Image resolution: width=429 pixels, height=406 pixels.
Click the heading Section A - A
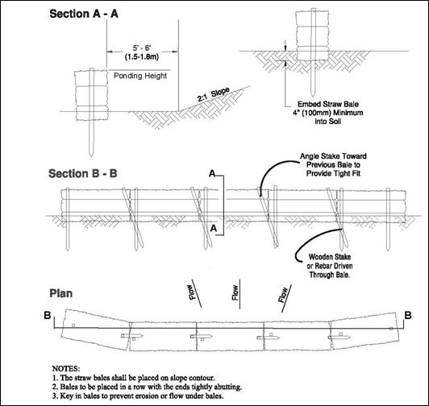tap(84, 14)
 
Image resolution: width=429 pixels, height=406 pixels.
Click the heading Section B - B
tap(83, 174)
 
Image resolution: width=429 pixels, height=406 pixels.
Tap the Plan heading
tap(61, 293)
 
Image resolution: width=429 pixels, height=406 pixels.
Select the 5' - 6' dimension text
tap(142, 48)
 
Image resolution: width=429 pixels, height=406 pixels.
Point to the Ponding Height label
tap(140, 76)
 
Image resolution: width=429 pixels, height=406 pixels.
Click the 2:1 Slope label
tap(214, 95)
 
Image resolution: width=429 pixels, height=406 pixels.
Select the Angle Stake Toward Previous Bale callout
tap(333, 164)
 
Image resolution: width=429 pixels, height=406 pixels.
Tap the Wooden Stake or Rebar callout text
tap(329, 266)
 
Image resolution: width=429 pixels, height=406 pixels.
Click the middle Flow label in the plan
tap(235, 292)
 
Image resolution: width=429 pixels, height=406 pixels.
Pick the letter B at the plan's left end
tap(48, 315)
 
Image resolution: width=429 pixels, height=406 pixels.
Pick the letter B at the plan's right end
tap(408, 316)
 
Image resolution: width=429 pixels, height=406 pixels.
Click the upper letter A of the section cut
tap(213, 173)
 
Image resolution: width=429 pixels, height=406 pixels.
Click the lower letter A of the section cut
tap(214, 228)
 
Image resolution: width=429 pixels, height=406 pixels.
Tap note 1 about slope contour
tap(134, 378)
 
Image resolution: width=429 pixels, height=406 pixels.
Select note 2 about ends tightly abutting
tap(147, 387)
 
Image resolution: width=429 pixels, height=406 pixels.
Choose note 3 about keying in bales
tap(138, 396)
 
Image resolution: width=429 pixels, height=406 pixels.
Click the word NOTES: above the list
tap(66, 369)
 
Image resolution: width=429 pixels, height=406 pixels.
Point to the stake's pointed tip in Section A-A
tap(91, 156)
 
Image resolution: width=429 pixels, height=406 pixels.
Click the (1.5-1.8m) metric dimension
tap(142, 57)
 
